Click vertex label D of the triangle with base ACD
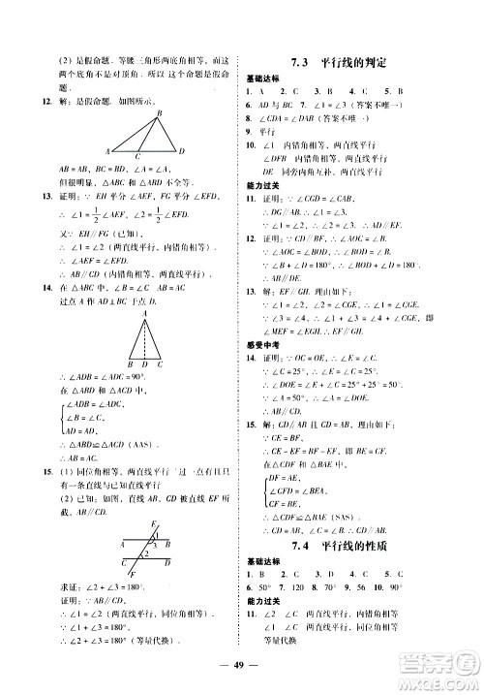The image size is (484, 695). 184,151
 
